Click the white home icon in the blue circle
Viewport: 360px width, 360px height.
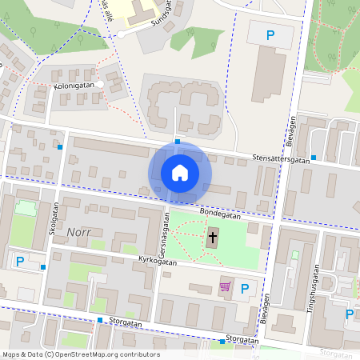coord(179,172)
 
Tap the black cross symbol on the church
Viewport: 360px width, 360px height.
coord(212,236)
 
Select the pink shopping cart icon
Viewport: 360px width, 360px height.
coord(226,286)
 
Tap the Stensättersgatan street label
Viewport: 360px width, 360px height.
coord(281,158)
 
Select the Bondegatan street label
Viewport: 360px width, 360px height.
coord(221,215)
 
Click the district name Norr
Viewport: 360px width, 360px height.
coord(80,231)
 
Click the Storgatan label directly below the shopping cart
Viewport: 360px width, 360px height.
coord(242,339)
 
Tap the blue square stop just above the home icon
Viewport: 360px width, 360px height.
coord(178,142)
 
